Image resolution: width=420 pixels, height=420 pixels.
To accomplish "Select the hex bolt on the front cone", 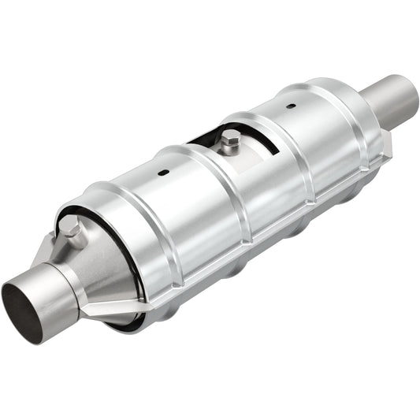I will (x=72, y=230).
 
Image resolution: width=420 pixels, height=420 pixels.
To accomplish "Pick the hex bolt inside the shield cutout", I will (x=231, y=143).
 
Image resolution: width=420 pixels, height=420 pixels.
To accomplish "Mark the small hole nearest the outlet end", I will (x=290, y=106).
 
